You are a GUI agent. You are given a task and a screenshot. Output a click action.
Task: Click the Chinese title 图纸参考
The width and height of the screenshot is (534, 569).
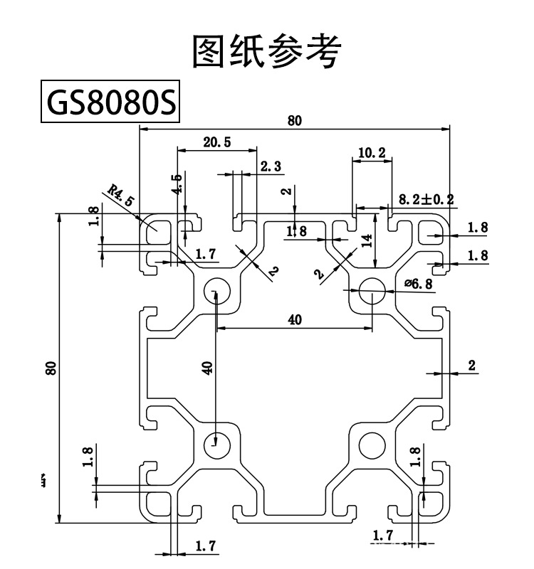click(x=268, y=51)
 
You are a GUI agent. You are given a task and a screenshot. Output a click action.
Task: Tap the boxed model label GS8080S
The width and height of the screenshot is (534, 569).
click(x=110, y=104)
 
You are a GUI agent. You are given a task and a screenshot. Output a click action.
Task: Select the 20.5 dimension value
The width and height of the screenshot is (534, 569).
click(x=216, y=142)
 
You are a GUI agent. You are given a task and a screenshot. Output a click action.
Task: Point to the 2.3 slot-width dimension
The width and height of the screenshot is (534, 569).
click(x=271, y=166)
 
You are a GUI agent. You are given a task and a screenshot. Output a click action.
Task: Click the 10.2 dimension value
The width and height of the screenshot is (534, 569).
click(x=372, y=151)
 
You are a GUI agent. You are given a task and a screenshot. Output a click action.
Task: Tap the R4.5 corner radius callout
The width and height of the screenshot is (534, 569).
click(x=120, y=194)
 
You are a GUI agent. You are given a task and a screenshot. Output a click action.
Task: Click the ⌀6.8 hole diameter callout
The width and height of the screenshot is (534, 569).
click(x=418, y=284)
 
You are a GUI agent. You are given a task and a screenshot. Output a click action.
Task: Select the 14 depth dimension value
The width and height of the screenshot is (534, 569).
click(x=367, y=240)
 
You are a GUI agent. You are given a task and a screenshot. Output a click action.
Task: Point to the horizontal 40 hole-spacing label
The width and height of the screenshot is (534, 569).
click(x=295, y=320)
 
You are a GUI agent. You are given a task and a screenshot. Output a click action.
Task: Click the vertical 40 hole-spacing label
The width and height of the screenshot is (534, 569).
click(x=206, y=368)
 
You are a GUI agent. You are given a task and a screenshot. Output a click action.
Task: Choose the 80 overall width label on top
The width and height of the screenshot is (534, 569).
click(x=295, y=120)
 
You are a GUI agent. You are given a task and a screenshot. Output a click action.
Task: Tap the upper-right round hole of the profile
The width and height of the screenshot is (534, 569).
click(x=372, y=291)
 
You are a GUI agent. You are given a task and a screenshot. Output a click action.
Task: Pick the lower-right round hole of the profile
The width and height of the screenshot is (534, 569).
click(x=372, y=445)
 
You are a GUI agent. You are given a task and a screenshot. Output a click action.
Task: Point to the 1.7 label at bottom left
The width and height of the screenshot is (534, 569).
click(x=206, y=546)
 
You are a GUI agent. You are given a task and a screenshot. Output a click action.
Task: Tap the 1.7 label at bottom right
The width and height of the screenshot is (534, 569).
click(x=382, y=535)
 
